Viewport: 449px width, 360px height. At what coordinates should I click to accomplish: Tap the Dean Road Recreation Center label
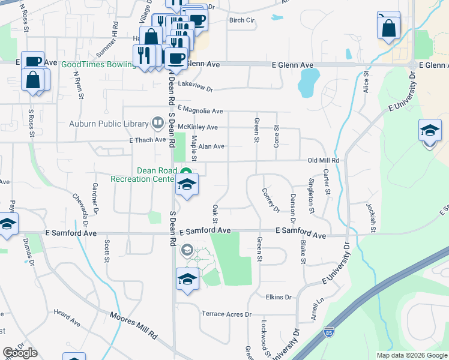point(144,175)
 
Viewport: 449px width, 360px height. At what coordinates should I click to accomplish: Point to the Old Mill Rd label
point(324,161)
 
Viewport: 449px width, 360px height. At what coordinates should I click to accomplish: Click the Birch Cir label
point(242,20)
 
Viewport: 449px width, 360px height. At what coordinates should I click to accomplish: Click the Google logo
point(20,353)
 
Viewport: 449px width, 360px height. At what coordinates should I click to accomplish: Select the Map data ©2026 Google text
point(411,355)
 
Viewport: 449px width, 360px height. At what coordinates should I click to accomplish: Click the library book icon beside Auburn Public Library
point(158,124)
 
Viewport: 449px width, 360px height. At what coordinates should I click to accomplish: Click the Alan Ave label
point(211,146)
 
